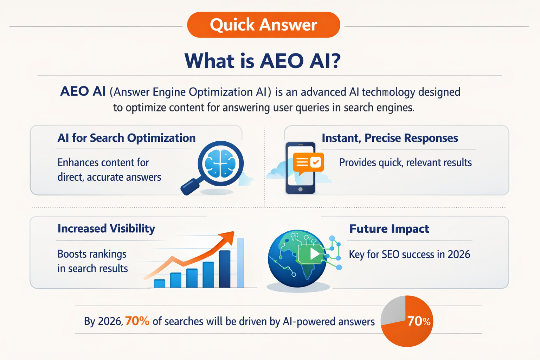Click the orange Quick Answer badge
263,25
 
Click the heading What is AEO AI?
263,61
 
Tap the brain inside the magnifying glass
220,163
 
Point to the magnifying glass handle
190,187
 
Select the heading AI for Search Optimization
126,138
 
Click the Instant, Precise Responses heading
390,138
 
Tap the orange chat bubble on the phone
308,162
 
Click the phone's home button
300,189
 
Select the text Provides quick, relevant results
405,162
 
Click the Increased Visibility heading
106,229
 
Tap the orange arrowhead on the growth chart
228,237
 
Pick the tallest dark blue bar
225,269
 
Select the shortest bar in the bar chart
159,283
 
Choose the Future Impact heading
389,229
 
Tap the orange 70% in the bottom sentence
137,321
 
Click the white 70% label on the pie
418,321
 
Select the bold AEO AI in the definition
83,91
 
